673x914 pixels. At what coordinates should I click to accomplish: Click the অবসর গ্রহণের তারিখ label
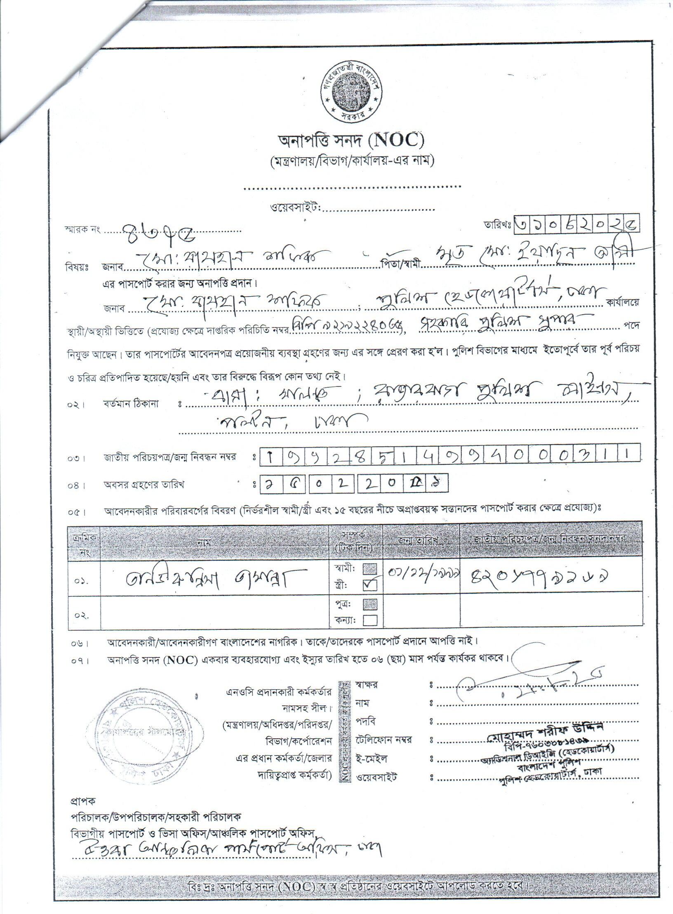click(x=144, y=485)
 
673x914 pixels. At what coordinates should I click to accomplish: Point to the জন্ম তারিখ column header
click(x=420, y=539)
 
